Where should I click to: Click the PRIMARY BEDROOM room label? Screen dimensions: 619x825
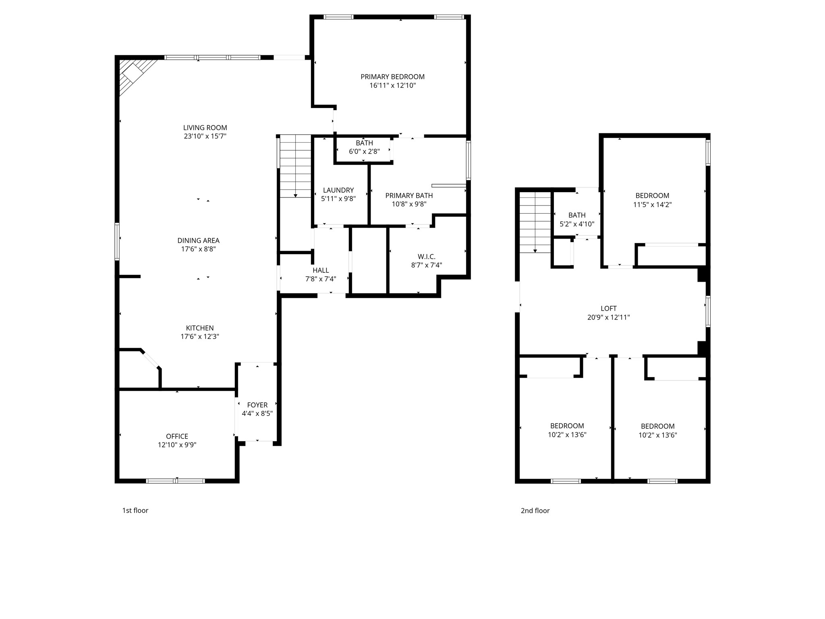[x=392, y=77]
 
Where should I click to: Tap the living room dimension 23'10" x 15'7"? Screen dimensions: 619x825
[x=205, y=136]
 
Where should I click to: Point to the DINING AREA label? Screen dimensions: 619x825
[x=198, y=241]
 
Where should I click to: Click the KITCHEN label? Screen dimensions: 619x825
[x=200, y=328]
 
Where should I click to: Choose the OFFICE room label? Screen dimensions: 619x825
[x=177, y=436]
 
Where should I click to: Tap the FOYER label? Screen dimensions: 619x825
[x=257, y=405]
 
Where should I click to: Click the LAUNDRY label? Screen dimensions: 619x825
[x=338, y=190]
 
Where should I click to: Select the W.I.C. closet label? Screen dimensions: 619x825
[x=427, y=257]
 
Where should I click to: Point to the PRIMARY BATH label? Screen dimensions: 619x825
[x=409, y=195]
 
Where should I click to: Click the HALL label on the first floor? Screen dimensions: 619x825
[x=321, y=270]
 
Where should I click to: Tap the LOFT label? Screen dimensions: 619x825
[x=608, y=309]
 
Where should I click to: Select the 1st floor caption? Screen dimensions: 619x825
[x=135, y=511]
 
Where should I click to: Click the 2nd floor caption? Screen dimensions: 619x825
[x=535, y=511]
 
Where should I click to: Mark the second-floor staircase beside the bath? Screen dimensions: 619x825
[x=535, y=222]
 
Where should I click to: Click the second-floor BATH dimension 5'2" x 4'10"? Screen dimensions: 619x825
[x=577, y=224]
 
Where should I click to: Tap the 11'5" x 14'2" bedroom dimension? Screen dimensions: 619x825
[x=652, y=205]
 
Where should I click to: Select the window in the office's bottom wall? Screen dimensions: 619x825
[x=176, y=480]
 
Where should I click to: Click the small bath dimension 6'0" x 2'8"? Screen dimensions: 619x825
[x=364, y=152]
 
